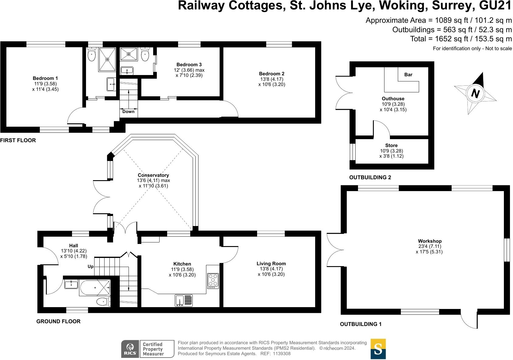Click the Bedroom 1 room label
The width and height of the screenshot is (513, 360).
(45, 78)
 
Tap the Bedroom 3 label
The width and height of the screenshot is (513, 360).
(189, 65)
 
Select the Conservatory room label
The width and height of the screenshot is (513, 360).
(153, 175)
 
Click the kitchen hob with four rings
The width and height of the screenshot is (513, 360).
(213, 281)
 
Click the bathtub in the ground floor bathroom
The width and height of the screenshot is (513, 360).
(95, 288)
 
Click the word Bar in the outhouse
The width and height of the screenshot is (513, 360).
(408, 75)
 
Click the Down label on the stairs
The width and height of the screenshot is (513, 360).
(128, 111)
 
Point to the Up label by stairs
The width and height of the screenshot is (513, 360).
(91, 266)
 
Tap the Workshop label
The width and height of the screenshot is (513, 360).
(429, 241)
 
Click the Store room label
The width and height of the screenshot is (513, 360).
(391, 146)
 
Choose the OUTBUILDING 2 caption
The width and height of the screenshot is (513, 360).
(370, 177)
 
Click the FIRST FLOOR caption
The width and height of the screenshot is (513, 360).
(18, 140)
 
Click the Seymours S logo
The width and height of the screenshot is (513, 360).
(378, 349)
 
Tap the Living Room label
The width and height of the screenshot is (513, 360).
(271, 264)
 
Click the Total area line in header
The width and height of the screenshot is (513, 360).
(461, 39)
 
